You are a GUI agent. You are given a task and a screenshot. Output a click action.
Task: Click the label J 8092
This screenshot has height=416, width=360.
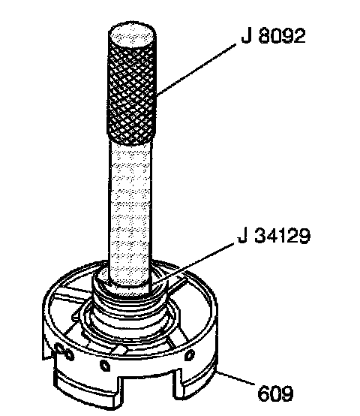tap(273, 35)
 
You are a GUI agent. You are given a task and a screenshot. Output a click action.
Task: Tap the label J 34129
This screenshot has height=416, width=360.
tap(274, 236)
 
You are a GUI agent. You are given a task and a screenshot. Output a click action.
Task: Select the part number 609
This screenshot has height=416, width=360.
tap(275, 393)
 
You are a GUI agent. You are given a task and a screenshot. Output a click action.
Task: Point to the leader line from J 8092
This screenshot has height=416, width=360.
tap(196, 70)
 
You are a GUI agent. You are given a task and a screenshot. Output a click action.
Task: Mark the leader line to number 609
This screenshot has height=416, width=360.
tap(235, 378)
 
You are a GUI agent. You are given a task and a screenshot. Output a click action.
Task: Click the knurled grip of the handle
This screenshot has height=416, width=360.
tap(131, 94)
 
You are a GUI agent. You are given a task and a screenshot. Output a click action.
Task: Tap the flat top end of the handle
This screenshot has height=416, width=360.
tap(132, 33)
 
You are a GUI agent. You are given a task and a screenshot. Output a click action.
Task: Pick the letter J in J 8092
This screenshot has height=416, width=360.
tap(246, 36)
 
